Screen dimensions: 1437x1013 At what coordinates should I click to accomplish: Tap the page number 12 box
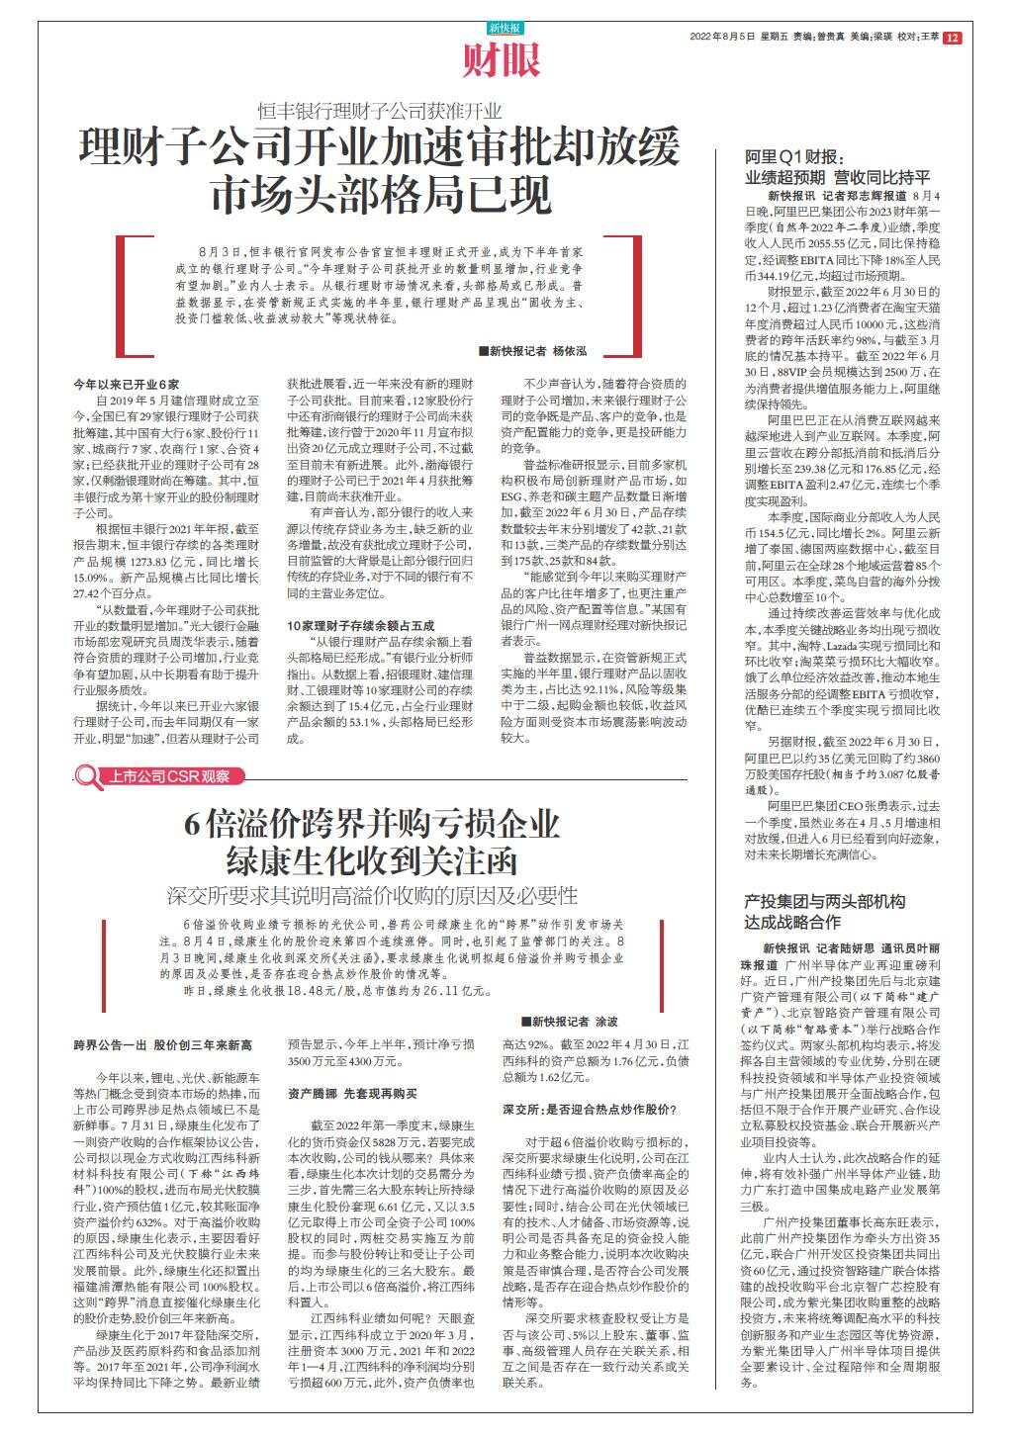point(952,38)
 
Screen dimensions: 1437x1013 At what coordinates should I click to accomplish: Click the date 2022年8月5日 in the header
point(724,38)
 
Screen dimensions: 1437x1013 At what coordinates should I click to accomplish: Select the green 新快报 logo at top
point(505,29)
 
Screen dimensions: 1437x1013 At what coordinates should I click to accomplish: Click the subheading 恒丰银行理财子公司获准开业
point(380,111)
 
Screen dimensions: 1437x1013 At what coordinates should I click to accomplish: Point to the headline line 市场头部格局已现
point(380,192)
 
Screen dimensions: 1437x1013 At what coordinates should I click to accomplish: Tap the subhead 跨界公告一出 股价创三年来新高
point(164,1044)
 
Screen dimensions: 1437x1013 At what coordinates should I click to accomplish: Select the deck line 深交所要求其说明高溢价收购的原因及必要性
point(373,896)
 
